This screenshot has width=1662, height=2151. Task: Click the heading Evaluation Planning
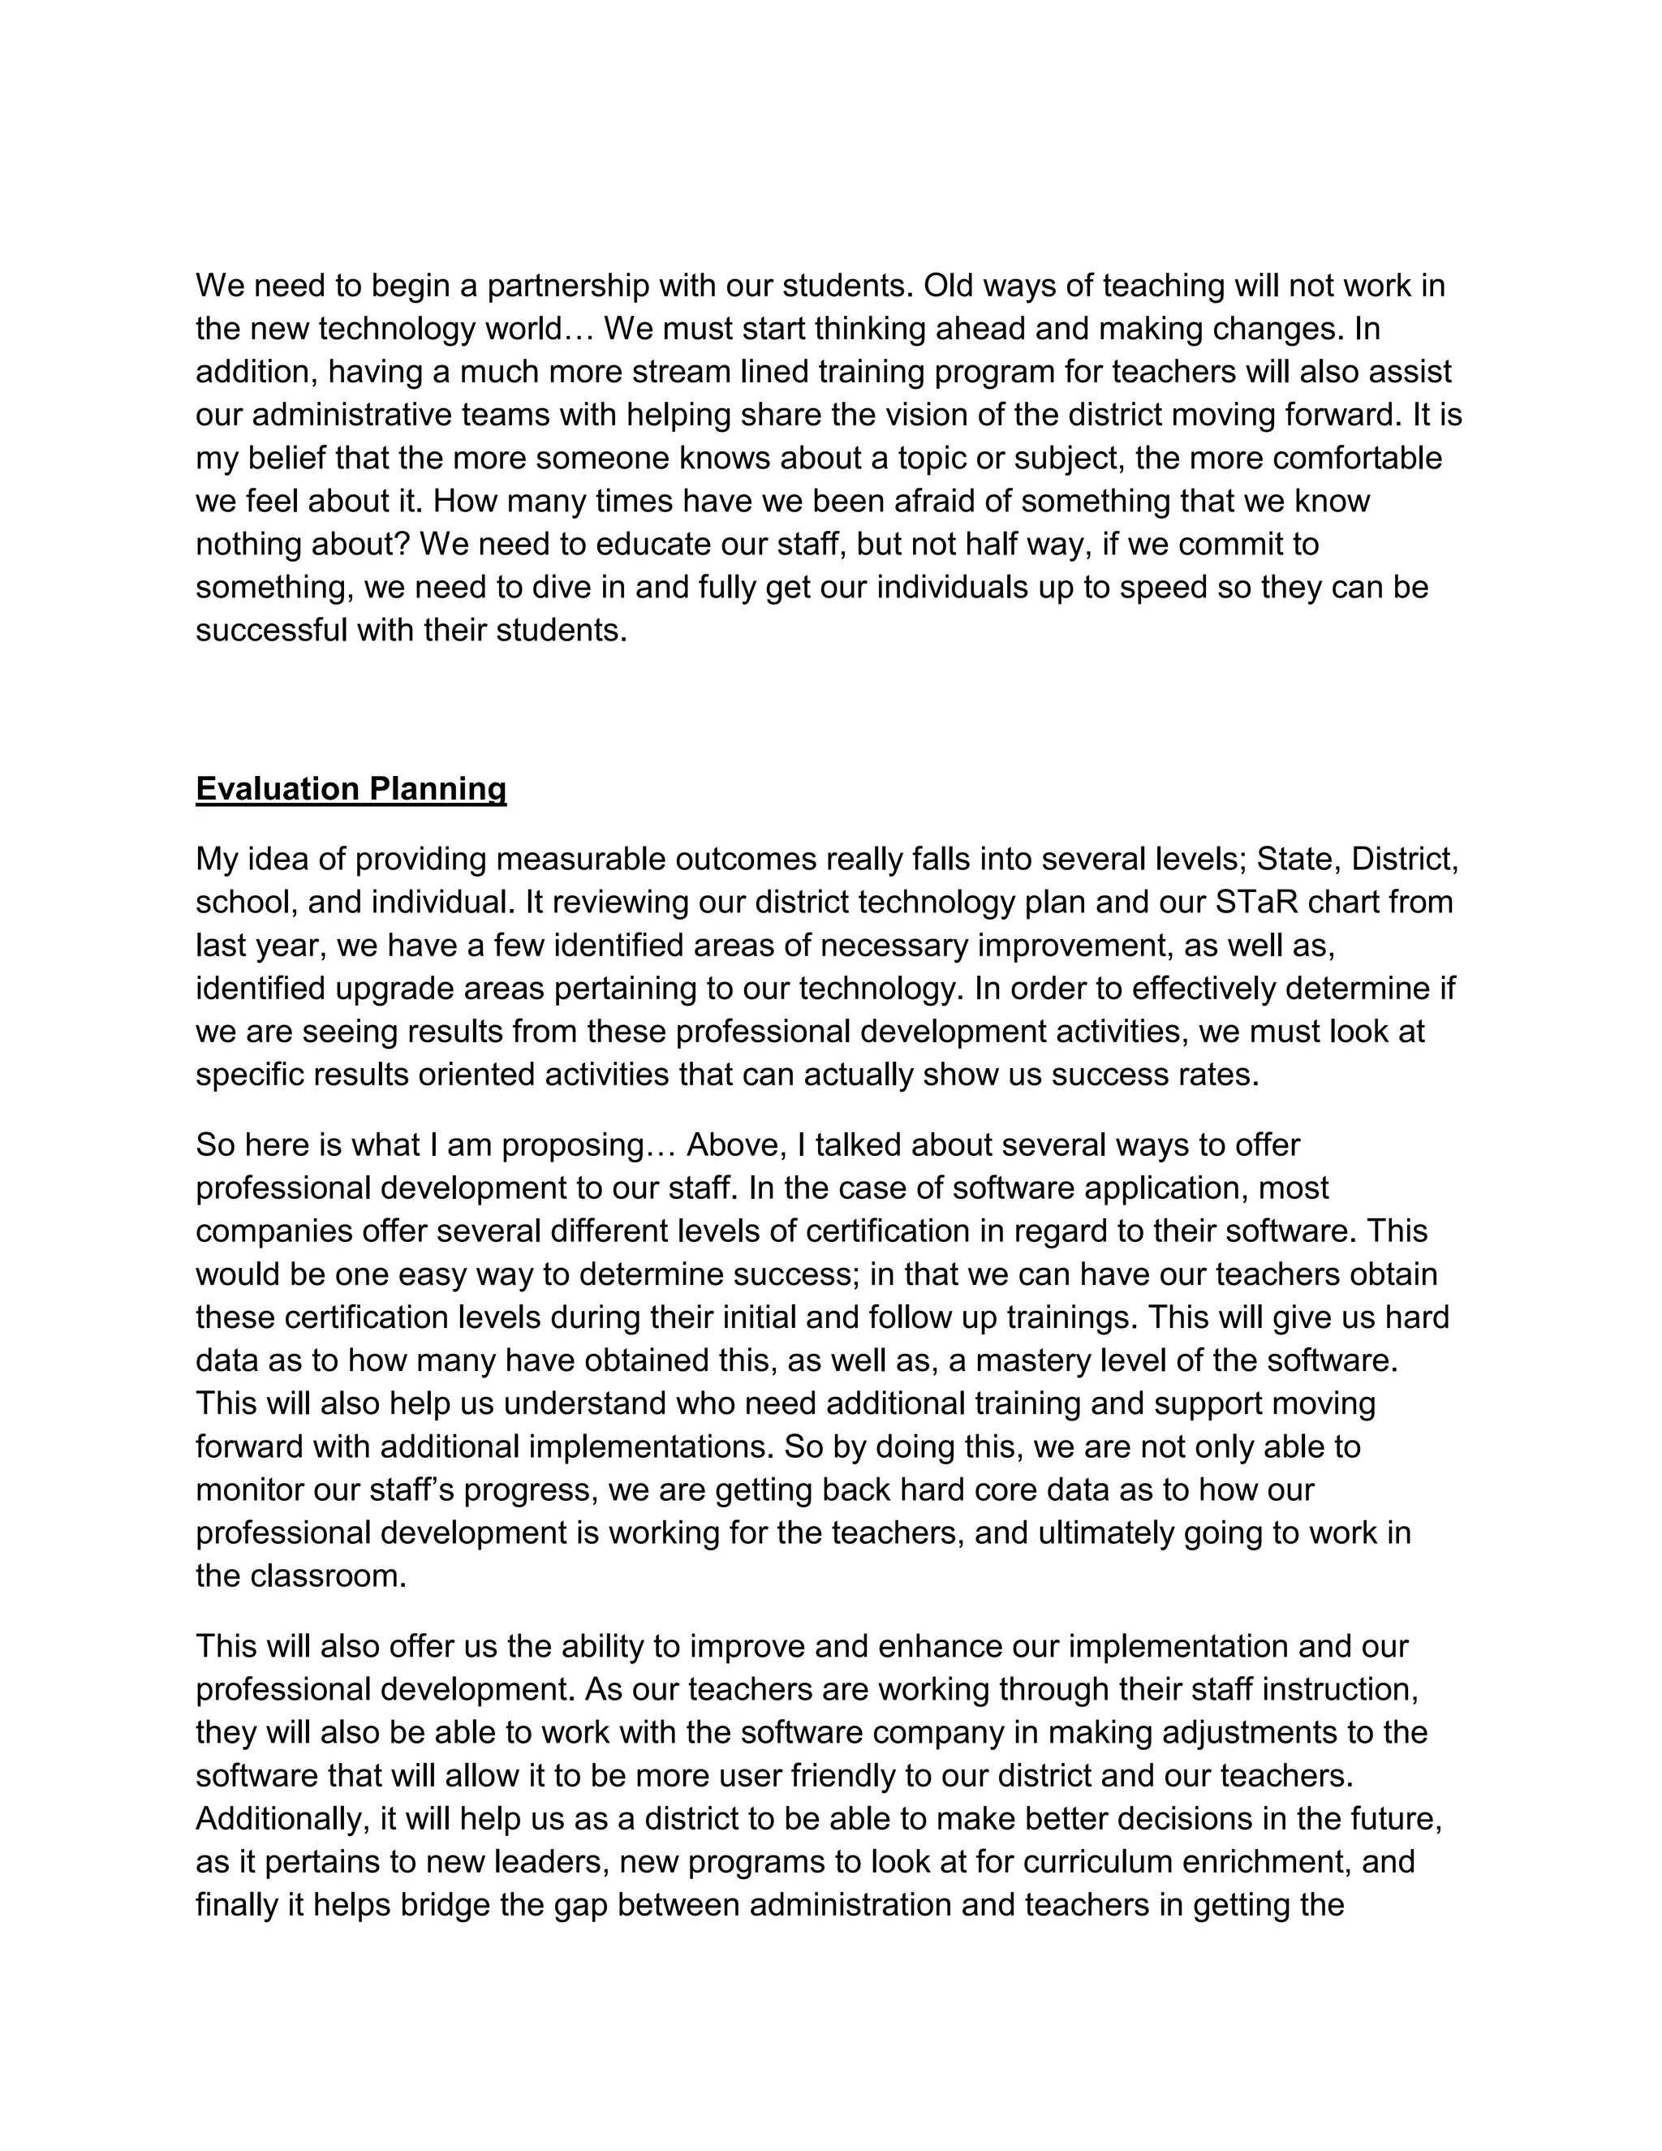pyautogui.click(x=351, y=789)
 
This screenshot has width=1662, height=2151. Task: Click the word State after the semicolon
pyautogui.click(x=1294, y=860)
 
